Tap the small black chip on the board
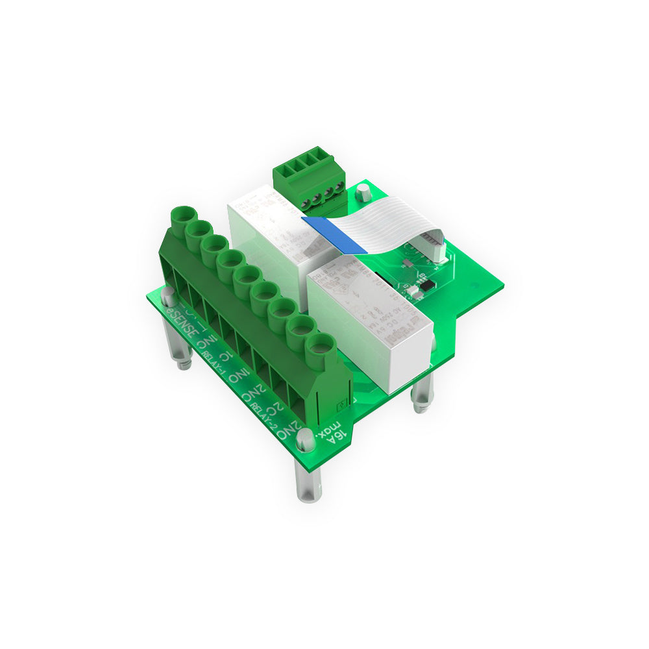point(427,285)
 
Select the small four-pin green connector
point(306,178)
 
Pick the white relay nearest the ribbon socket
point(370,318)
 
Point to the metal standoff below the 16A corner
point(309,484)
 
